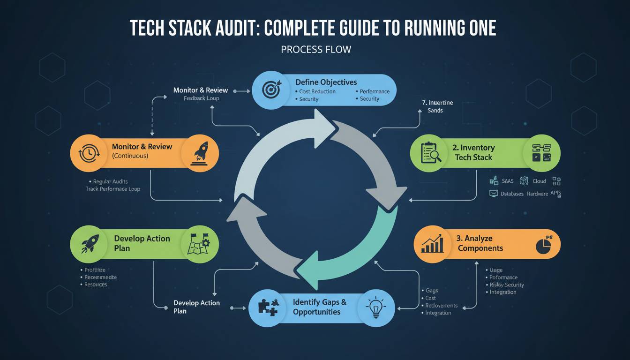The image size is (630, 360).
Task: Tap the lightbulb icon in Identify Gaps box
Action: [375, 307]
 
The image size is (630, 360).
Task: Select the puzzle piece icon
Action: [269, 307]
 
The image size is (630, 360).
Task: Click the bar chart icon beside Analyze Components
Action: [432, 243]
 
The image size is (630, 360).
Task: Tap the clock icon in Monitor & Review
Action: [89, 153]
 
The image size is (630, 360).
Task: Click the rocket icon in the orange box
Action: [201, 153]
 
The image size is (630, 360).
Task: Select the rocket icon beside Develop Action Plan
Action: [90, 244]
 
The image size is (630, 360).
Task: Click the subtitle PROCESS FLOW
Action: [315, 49]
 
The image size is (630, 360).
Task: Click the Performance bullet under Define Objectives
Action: [374, 91]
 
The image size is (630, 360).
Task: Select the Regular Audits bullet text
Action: [110, 181]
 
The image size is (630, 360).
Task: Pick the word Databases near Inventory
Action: [512, 194]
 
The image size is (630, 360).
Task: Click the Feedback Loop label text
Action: [201, 98]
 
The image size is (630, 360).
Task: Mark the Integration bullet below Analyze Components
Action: [502, 292]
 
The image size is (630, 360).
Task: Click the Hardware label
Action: [537, 194]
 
